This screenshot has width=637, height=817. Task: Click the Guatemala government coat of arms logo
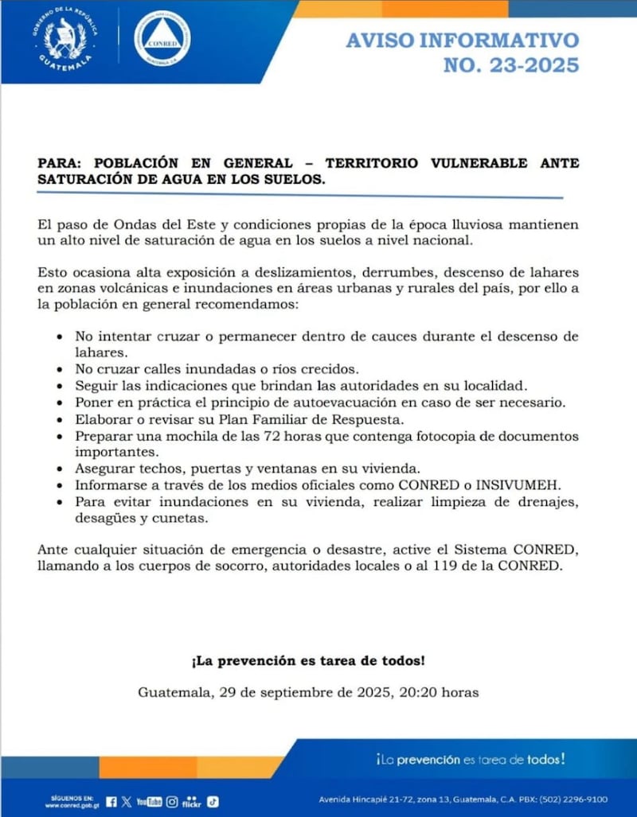67,39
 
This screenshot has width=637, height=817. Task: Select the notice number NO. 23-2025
510,64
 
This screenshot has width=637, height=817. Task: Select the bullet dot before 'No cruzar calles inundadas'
61,370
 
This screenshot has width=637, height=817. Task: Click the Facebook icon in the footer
111,802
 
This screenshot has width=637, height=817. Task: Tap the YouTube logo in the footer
149,802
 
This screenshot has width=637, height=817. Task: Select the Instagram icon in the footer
172,802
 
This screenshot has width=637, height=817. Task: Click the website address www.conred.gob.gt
70,805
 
